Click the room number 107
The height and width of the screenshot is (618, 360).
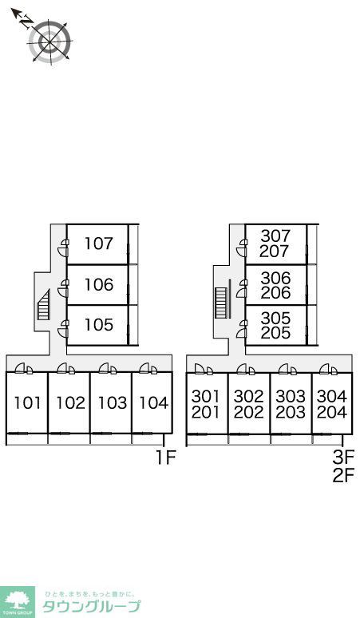(99, 244)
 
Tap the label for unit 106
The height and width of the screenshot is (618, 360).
(99, 284)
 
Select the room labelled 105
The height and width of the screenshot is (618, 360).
(99, 325)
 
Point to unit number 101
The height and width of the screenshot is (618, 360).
(27, 402)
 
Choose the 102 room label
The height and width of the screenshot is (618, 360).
(70, 402)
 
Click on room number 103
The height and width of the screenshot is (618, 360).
(113, 402)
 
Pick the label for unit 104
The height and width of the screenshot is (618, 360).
(154, 402)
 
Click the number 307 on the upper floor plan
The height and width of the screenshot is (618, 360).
(275, 236)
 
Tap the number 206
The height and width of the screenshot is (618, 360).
(275, 292)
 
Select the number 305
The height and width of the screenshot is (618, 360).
(275, 318)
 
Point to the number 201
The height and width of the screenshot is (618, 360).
(205, 412)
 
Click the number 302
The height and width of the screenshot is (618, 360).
(248, 396)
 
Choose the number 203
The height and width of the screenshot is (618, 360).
(291, 412)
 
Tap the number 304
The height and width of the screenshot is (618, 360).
(332, 396)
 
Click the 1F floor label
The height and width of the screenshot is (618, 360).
(165, 458)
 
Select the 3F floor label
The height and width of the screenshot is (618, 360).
(343, 458)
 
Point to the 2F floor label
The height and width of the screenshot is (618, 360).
(343, 475)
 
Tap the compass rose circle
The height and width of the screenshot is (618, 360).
(50, 41)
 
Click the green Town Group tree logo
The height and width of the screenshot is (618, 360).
(18, 602)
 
